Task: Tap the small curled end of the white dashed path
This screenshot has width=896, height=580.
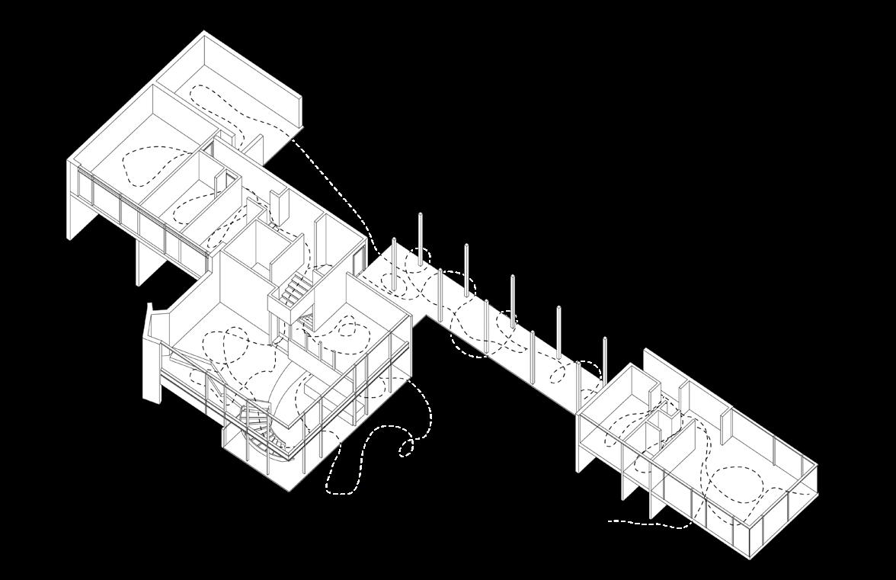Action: pyautogui.click(x=406, y=448)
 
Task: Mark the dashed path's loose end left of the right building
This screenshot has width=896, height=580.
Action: pyautogui.click(x=611, y=522)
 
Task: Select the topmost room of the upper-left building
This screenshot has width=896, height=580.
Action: pyautogui.click(x=229, y=84)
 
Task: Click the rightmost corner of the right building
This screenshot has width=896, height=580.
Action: pyautogui.click(x=817, y=466)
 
